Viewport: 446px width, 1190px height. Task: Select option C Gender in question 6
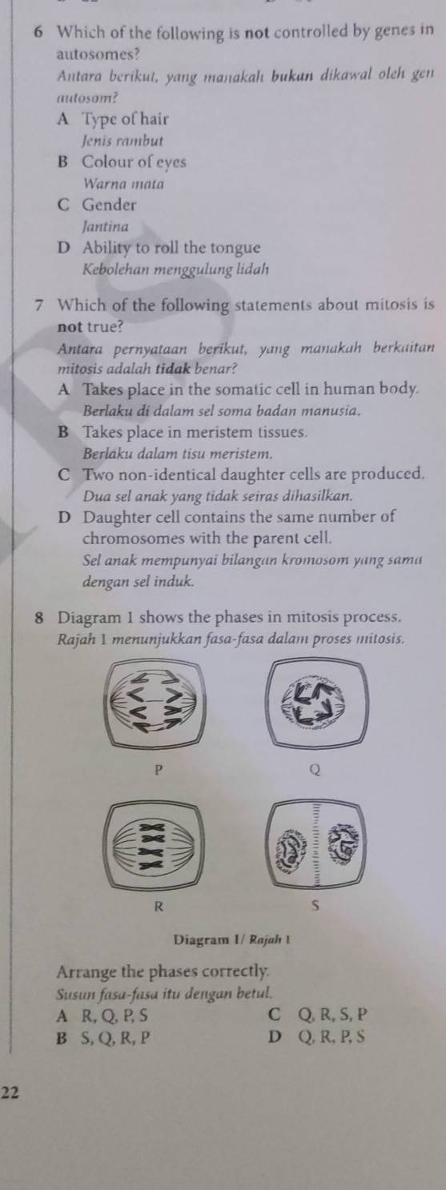[109, 204]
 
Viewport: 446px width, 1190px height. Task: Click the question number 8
[39, 619]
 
